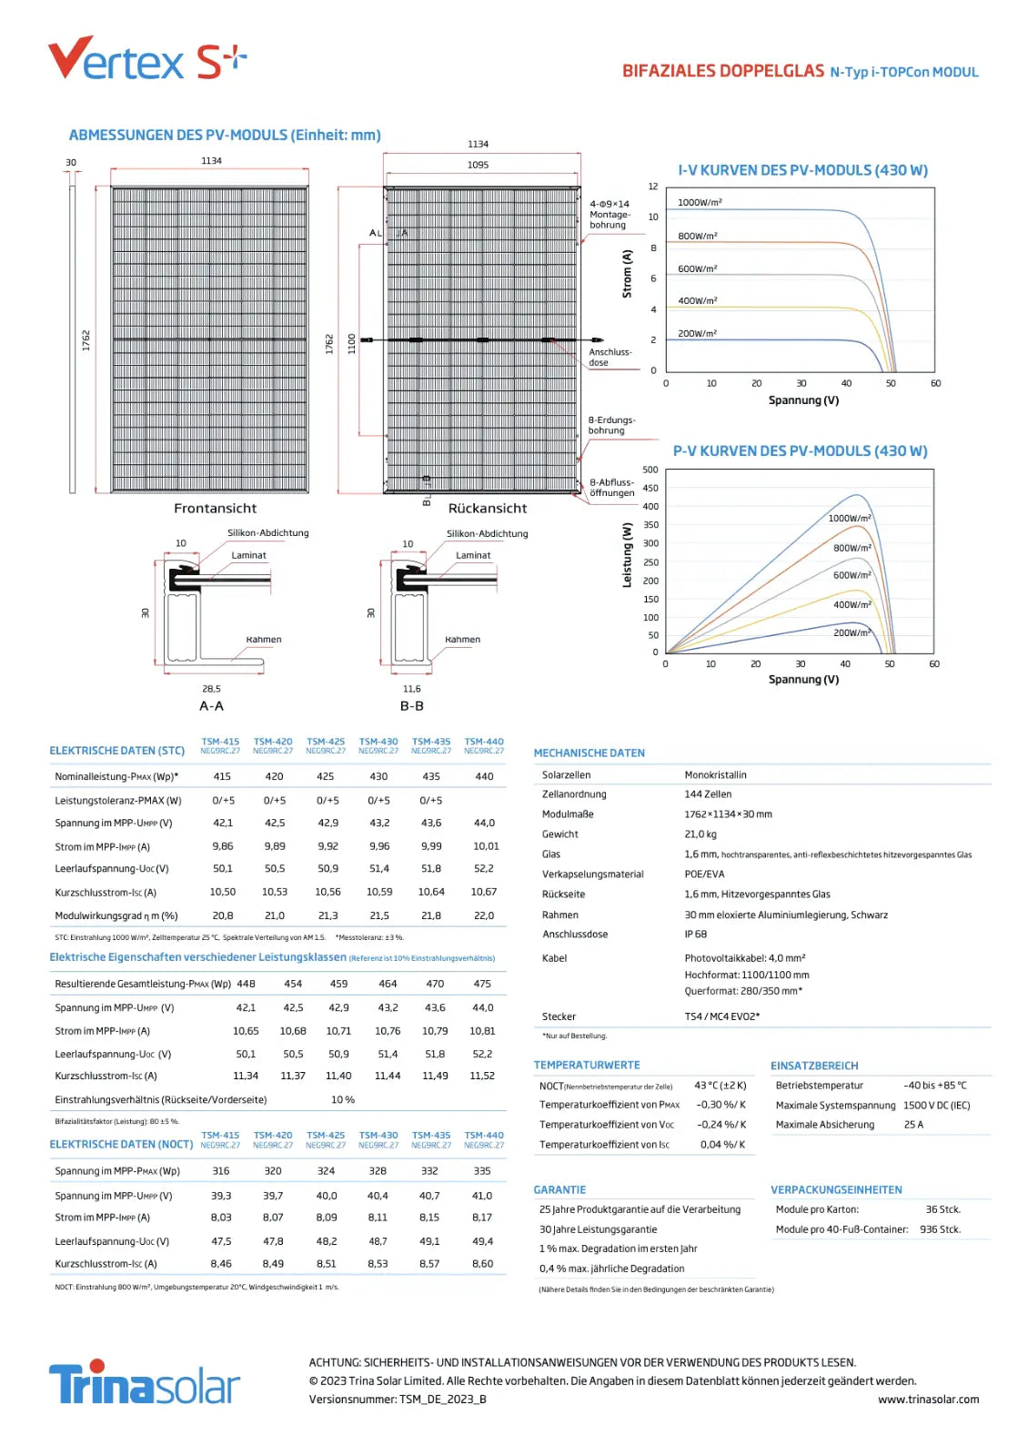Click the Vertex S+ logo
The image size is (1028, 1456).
tap(146, 59)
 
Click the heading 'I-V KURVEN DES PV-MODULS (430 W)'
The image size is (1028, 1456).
tap(802, 170)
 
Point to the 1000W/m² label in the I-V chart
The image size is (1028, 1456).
tap(700, 202)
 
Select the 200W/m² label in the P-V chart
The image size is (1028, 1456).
tap(852, 632)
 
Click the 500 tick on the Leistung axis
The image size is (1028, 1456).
tap(650, 470)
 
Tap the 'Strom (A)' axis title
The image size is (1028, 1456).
tap(627, 273)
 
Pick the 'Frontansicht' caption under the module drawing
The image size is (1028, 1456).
tap(215, 508)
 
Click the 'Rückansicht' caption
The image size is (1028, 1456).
tap(487, 508)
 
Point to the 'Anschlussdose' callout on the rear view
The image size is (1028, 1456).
tap(610, 357)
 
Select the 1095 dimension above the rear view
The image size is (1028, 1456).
tap(478, 165)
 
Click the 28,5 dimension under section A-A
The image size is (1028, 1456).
tap(211, 689)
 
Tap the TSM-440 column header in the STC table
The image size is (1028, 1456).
tap(484, 745)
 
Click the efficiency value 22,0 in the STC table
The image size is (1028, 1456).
tap(484, 915)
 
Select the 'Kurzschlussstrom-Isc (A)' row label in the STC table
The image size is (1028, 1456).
tap(106, 893)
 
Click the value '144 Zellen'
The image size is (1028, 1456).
tap(708, 794)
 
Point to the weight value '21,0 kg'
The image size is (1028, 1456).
tap(700, 834)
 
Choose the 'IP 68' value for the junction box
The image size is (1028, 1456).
tap(695, 934)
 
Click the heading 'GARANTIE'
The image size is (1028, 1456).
tap(559, 1189)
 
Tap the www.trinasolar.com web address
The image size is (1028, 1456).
tap(928, 1400)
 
